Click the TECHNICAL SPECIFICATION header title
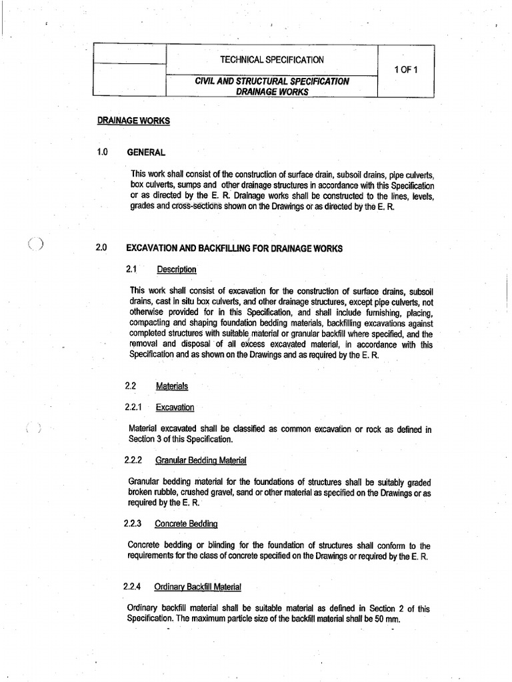coord(272,60)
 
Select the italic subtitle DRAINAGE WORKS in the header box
coord(272,92)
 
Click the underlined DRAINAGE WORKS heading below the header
coord(133,121)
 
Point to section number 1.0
coord(102,152)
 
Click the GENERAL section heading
coord(146,152)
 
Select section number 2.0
coord(102,248)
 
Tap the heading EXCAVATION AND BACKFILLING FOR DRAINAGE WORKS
coord(234,248)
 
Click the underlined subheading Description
coord(177,270)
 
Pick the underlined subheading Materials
coord(172,386)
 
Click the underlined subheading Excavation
coord(175,407)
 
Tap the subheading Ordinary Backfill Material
coord(197,587)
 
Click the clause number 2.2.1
coord(135,407)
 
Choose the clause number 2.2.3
coord(135,523)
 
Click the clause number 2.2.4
coord(135,587)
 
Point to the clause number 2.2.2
coord(135,460)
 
